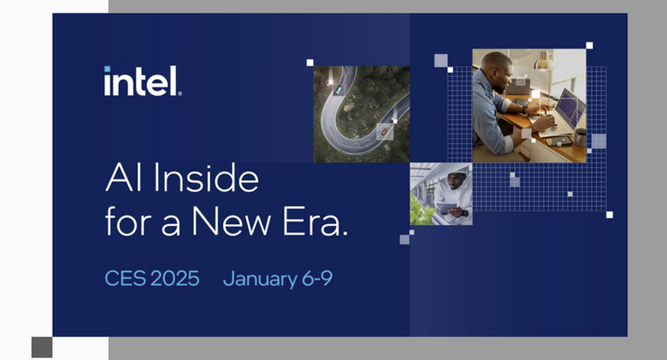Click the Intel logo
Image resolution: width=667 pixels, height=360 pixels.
tap(143, 81)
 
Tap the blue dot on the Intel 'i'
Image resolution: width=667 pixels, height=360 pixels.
tap(107, 69)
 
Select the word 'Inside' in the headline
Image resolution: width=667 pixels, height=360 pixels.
tap(206, 178)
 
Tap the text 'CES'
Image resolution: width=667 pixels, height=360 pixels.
tap(125, 278)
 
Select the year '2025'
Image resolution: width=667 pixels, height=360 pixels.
tap(175, 278)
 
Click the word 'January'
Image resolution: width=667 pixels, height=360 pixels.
tap(260, 279)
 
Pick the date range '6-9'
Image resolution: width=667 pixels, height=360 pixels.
tap(317, 278)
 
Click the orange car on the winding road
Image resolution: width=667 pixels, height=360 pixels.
tap(384, 132)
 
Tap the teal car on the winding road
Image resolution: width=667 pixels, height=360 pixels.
tap(339, 90)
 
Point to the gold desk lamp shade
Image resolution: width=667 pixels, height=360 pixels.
tap(544, 64)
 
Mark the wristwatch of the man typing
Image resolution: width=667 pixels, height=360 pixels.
tap(525, 109)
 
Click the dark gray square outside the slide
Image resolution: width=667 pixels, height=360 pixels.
tap(42, 348)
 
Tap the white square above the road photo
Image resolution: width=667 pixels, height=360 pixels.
tap(310, 62)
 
